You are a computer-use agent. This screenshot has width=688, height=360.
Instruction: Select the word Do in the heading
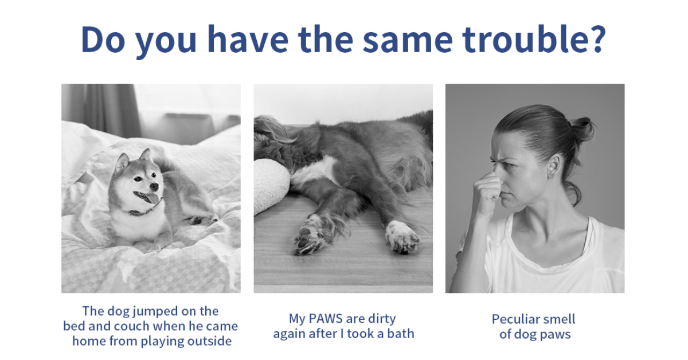(x=103, y=40)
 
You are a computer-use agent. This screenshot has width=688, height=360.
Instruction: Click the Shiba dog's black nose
(x=154, y=186)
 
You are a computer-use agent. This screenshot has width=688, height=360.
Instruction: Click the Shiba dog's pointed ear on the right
(x=147, y=155)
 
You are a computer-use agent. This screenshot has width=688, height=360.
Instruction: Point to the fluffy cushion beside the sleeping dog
(x=270, y=185)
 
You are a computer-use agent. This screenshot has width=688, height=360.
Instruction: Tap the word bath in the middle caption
(x=401, y=334)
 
